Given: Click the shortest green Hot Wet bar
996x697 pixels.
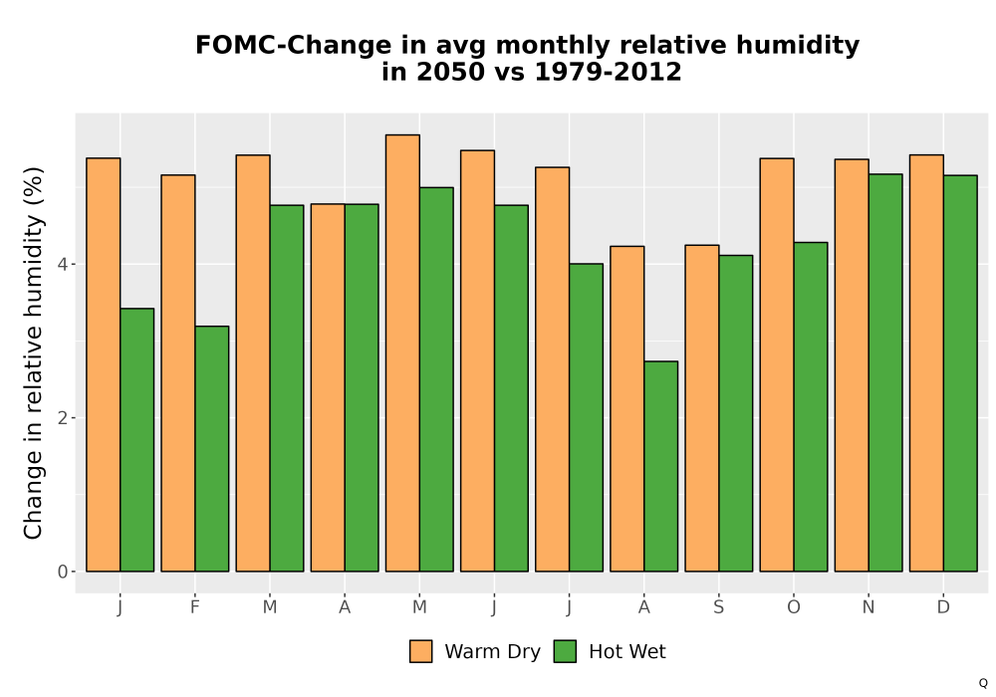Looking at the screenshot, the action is (660, 467).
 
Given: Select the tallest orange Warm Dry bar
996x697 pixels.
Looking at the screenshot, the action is (402, 352).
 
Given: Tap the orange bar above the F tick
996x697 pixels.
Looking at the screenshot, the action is (178, 373).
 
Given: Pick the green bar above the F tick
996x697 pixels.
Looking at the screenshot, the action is (211, 449).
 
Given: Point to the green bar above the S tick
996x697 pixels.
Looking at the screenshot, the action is (736, 413).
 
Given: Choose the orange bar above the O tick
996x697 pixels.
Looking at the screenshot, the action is (777, 365).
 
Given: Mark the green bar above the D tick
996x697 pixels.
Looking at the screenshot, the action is (960, 373).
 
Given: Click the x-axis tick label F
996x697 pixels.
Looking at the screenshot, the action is (195, 607).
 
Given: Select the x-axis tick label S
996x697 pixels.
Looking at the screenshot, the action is (718, 607).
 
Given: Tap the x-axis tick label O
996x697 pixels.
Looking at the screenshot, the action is (794, 607).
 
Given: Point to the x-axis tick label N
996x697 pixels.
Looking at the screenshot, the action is (869, 607).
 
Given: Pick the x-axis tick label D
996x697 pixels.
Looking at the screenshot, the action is (943, 607).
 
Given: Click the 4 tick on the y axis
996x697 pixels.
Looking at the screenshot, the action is (62, 264).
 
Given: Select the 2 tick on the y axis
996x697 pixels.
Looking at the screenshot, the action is (62, 417).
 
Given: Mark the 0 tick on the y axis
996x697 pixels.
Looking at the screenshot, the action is (62, 572).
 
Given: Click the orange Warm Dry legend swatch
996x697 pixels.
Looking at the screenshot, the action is (420, 651).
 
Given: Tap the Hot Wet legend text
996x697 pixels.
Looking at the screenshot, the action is (626, 651).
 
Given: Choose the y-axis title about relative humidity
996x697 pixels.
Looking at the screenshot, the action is (33, 352).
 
